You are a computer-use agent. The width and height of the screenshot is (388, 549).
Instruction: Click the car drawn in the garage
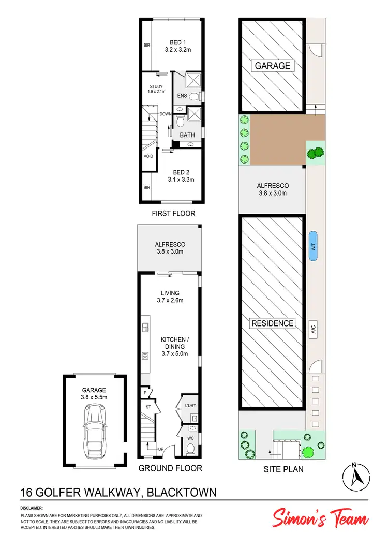94,427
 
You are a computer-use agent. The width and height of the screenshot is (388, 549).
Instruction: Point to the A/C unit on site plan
313,328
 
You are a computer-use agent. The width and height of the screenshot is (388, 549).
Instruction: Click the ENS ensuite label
182,96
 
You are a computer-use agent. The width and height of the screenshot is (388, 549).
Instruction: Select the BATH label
187,136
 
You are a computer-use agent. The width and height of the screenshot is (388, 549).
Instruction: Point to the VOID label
148,155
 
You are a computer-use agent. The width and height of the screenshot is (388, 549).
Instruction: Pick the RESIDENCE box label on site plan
272,323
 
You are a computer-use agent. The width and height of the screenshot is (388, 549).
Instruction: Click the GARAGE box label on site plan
272,66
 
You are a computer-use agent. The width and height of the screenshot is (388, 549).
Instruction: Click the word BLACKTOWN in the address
182,492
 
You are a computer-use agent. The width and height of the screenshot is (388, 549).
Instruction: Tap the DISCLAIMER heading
32,509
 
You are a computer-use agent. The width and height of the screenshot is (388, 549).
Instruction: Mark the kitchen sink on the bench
145,326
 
